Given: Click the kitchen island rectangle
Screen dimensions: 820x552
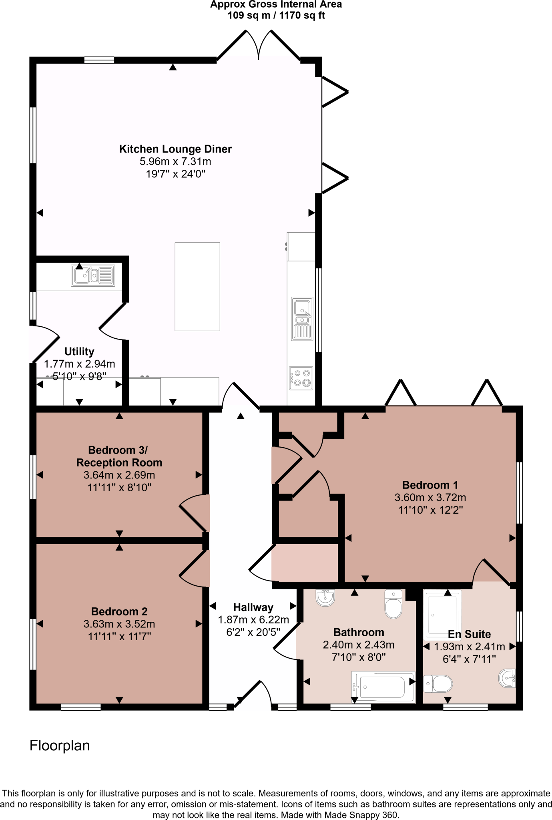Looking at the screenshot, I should [197, 287].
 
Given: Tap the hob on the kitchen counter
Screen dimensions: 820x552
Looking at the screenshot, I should [301, 378].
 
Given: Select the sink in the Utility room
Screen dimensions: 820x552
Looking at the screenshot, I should [93, 275].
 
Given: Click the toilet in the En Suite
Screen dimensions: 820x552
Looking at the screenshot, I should [438, 684].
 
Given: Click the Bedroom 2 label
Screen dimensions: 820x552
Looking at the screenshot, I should [119, 611].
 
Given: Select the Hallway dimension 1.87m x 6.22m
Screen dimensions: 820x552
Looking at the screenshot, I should [253, 620].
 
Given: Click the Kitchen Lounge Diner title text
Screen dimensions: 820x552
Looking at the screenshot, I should [175, 149].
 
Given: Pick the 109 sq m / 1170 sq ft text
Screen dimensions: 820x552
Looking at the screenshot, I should [276, 16].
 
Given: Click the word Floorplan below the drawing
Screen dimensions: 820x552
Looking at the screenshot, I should [60, 746].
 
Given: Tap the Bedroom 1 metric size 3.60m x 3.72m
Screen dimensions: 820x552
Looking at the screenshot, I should [430, 497].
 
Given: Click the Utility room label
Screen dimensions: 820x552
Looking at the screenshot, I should [79, 351].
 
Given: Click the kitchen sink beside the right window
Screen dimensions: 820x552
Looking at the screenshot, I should [302, 318].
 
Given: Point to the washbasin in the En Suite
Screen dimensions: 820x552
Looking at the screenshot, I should [508, 678].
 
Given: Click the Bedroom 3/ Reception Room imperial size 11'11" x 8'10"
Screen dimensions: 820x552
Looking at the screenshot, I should [119, 487].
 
